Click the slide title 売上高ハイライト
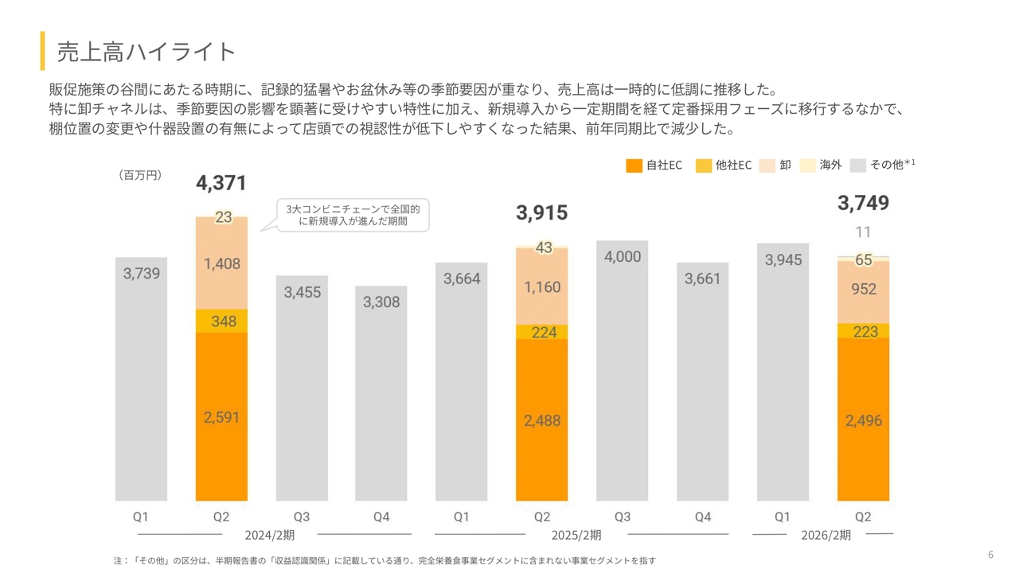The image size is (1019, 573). pyautogui.click(x=146, y=52)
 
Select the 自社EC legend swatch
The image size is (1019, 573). pyautogui.click(x=634, y=166)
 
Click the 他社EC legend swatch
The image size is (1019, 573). pyautogui.click(x=703, y=166)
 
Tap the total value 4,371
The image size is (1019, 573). pyautogui.click(x=221, y=184)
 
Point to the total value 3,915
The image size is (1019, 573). pyautogui.click(x=541, y=212)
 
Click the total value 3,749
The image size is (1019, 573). pyautogui.click(x=863, y=204)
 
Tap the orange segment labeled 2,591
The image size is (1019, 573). pyautogui.click(x=221, y=417)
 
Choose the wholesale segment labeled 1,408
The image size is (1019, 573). pyautogui.click(x=221, y=263)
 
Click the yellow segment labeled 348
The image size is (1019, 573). pyautogui.click(x=221, y=322)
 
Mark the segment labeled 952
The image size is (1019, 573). pyautogui.click(x=863, y=290)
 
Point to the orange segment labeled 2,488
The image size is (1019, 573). pyautogui.click(x=541, y=421)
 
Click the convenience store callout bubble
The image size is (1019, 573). pyautogui.click(x=353, y=215)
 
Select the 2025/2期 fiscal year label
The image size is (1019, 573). pyautogui.click(x=576, y=535)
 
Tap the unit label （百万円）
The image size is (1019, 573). pyautogui.click(x=140, y=175)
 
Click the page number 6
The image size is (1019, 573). pyautogui.click(x=990, y=555)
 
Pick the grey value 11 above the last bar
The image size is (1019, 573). pyautogui.click(x=863, y=232)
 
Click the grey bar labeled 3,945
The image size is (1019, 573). pyautogui.click(x=783, y=374)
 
